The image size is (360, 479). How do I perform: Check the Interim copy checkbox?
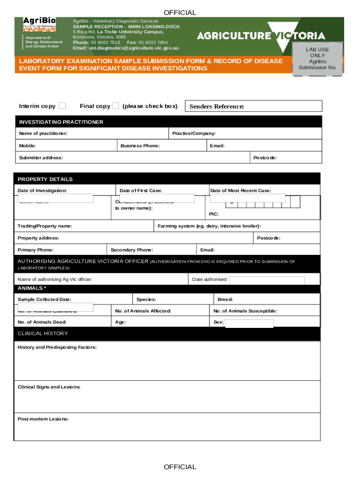coord(62,106)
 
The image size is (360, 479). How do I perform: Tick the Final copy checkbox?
coord(115,106)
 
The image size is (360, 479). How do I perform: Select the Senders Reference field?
coord(254,106)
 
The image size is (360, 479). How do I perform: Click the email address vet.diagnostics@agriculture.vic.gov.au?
coord(126,48)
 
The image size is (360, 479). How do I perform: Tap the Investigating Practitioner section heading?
coord(61,122)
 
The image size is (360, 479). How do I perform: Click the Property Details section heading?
coord(45,179)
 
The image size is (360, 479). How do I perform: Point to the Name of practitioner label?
coord(43,134)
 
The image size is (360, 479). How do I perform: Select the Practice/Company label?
coord(194,134)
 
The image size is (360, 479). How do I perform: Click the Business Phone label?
coord(140,146)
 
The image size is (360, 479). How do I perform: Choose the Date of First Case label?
coord(141,190)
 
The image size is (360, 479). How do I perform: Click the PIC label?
coord(214,214)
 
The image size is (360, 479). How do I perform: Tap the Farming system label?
coord(209,226)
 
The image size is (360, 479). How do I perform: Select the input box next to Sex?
coord(249,323)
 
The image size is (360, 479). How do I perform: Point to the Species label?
coord(146,299)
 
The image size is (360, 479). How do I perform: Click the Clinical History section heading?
coord(43,334)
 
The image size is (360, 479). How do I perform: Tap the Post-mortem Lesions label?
coord(43,419)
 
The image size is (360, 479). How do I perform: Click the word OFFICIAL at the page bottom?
coord(180,467)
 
